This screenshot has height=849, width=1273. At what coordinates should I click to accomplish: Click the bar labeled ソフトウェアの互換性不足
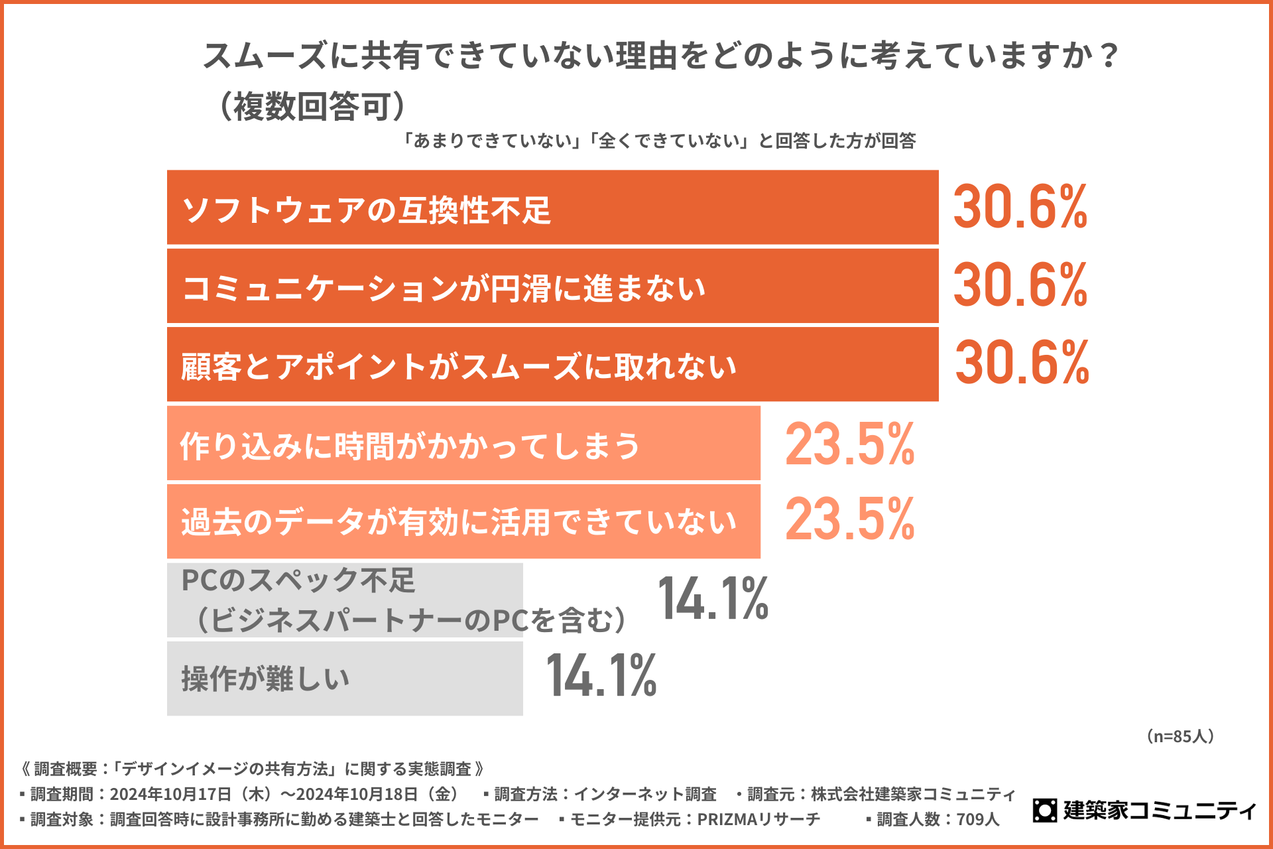click(552, 208)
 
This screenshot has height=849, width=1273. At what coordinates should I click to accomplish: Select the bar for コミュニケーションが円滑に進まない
click(552, 286)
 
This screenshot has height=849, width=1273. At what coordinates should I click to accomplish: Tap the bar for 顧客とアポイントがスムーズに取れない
click(552, 364)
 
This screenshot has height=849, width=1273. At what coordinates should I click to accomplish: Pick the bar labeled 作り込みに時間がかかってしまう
click(463, 443)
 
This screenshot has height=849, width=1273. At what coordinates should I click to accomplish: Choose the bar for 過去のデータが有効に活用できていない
click(463, 521)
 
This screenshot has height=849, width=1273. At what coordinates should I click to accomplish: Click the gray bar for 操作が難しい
click(345, 678)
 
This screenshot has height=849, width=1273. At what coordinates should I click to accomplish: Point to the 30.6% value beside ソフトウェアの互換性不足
click(1020, 208)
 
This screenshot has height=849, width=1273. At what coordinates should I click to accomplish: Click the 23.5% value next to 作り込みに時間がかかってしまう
click(849, 444)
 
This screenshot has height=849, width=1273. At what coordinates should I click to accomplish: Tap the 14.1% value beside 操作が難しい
click(601, 676)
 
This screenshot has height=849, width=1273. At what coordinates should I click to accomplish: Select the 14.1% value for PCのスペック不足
click(713, 599)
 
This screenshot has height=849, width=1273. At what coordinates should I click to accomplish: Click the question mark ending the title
click(1108, 56)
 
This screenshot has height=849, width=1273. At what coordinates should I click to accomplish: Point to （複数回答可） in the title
click(312, 106)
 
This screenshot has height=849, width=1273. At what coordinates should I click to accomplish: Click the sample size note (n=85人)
click(1180, 736)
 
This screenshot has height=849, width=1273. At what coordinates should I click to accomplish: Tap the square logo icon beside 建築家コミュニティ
click(1045, 810)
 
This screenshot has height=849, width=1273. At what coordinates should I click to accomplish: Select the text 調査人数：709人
click(938, 820)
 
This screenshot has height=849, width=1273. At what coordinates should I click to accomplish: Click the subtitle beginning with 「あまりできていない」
click(660, 141)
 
